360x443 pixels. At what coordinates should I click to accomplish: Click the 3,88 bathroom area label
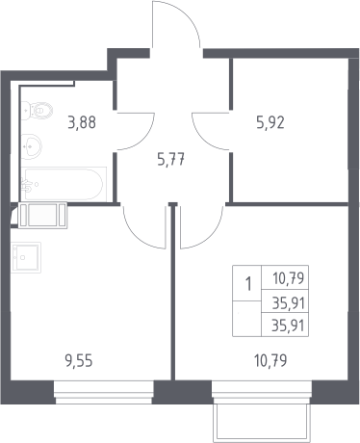82,122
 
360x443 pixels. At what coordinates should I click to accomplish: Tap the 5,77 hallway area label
171,159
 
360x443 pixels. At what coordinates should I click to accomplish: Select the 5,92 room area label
270,122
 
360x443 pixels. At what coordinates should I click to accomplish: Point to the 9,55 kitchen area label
79,361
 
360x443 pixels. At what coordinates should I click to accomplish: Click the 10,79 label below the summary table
270,361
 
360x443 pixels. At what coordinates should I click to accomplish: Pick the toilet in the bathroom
37,111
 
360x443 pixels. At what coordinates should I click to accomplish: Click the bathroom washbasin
31,146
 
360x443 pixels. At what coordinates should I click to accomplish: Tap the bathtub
64,184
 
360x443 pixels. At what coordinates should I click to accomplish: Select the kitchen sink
26,257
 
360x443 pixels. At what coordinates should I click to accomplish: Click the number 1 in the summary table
248,284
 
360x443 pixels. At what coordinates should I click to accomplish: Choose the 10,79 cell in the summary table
288,278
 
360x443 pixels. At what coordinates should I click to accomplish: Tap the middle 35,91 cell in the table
288,302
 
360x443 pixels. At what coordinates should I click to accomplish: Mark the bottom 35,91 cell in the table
288,326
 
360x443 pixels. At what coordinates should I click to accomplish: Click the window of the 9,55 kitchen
104,392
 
